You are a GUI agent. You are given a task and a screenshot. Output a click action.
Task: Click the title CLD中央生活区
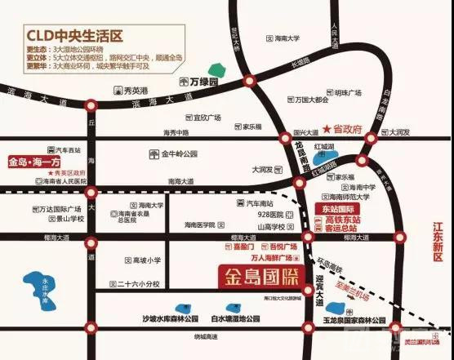(72, 35)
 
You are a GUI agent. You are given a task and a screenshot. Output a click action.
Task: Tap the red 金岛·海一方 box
(42, 163)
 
